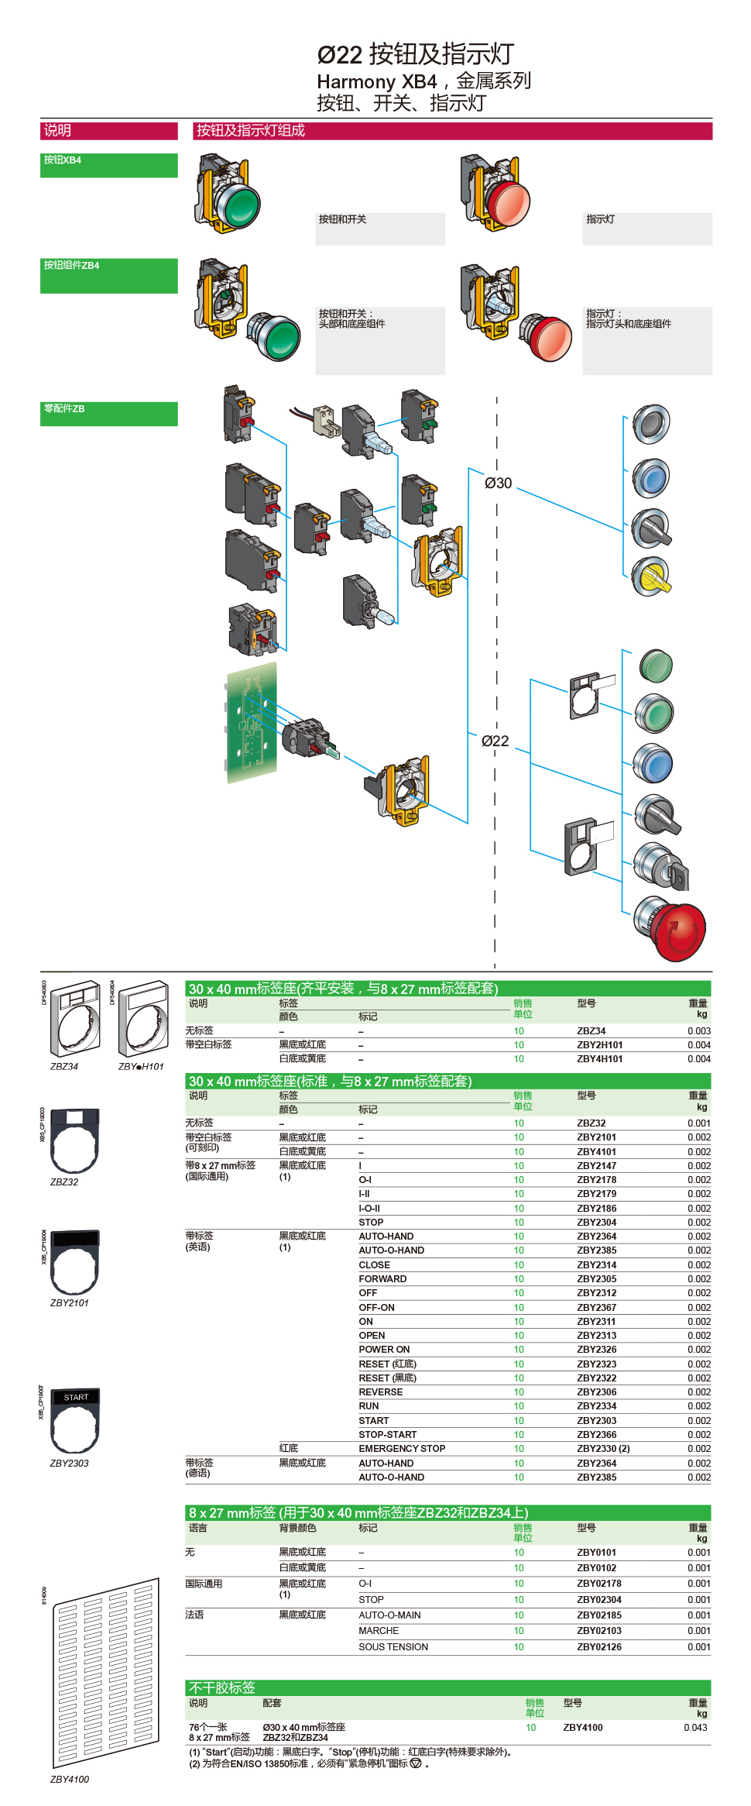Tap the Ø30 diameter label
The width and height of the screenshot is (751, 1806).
pyautogui.click(x=498, y=483)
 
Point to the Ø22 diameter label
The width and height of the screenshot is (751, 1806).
pyautogui.click(x=495, y=741)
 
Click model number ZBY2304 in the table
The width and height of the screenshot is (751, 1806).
pyautogui.click(x=596, y=1222)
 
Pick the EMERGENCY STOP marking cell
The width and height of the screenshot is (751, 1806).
pyautogui.click(x=402, y=1448)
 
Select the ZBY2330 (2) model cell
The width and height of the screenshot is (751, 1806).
pyautogui.click(x=603, y=1448)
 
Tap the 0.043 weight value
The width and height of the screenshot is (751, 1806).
pyautogui.click(x=695, y=1727)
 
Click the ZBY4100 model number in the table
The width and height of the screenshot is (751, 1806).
pyautogui.click(x=582, y=1727)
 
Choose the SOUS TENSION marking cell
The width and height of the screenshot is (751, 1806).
pyautogui.click(x=393, y=1646)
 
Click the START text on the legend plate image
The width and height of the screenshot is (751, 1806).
pyautogui.click(x=76, y=1397)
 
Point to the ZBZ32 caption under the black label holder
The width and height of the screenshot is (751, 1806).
pyautogui.click(x=64, y=1182)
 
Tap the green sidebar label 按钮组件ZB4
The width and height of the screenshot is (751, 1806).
pyautogui.click(x=71, y=265)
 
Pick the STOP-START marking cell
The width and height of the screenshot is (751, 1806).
pyautogui.click(x=387, y=1434)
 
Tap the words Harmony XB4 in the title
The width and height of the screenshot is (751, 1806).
pyautogui.click(x=376, y=81)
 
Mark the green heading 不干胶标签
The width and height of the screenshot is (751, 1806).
pyautogui.click(x=221, y=1687)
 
